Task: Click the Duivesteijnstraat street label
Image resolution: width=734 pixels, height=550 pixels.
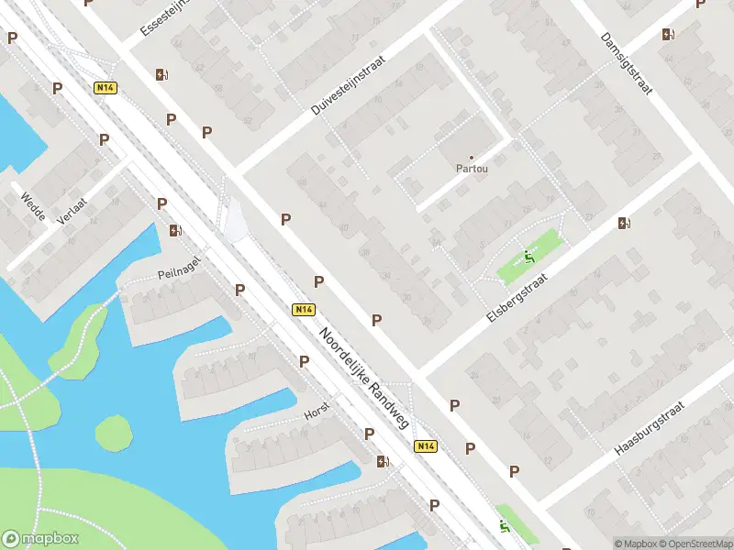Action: [349, 84]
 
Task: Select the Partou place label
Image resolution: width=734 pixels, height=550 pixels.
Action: [472, 169]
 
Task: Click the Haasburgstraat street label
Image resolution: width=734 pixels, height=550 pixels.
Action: [649, 428]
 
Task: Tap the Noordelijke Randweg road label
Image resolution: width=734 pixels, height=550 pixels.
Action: [363, 378]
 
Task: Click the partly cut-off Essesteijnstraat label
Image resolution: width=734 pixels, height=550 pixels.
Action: [164, 18]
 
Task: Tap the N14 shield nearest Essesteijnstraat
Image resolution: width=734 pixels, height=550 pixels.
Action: [105, 88]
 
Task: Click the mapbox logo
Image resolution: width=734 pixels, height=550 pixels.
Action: [40, 539]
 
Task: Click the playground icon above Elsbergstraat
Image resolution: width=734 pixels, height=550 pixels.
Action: [528, 257]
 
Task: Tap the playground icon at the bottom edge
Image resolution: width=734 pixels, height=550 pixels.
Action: [504, 526]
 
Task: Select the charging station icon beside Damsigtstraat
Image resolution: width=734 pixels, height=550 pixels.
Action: [668, 35]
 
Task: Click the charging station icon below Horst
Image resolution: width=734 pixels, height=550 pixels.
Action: [383, 462]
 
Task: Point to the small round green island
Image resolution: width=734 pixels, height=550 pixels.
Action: [114, 433]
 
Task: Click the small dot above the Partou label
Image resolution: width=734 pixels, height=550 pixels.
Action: [472, 158]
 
